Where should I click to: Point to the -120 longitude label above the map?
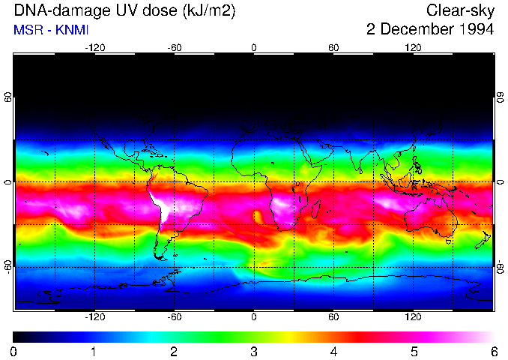coord(94,48)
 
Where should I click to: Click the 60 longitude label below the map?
coord(333,317)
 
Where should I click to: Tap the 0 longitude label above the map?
coord(254,48)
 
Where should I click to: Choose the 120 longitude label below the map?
coord(413,317)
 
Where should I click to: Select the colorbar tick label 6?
coord(493,351)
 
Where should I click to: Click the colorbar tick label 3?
coord(253,351)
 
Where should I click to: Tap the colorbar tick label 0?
coord(14,351)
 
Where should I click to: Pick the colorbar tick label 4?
coord(333,351)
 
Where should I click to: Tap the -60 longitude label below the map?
coord(174,317)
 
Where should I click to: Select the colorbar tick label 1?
coord(94,351)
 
